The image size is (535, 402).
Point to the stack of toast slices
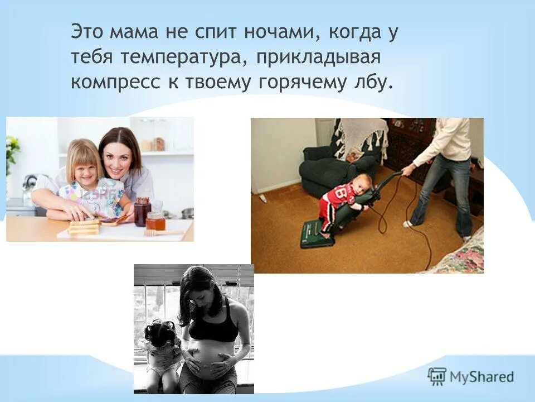(84, 226)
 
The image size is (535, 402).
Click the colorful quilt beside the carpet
(460, 257)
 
